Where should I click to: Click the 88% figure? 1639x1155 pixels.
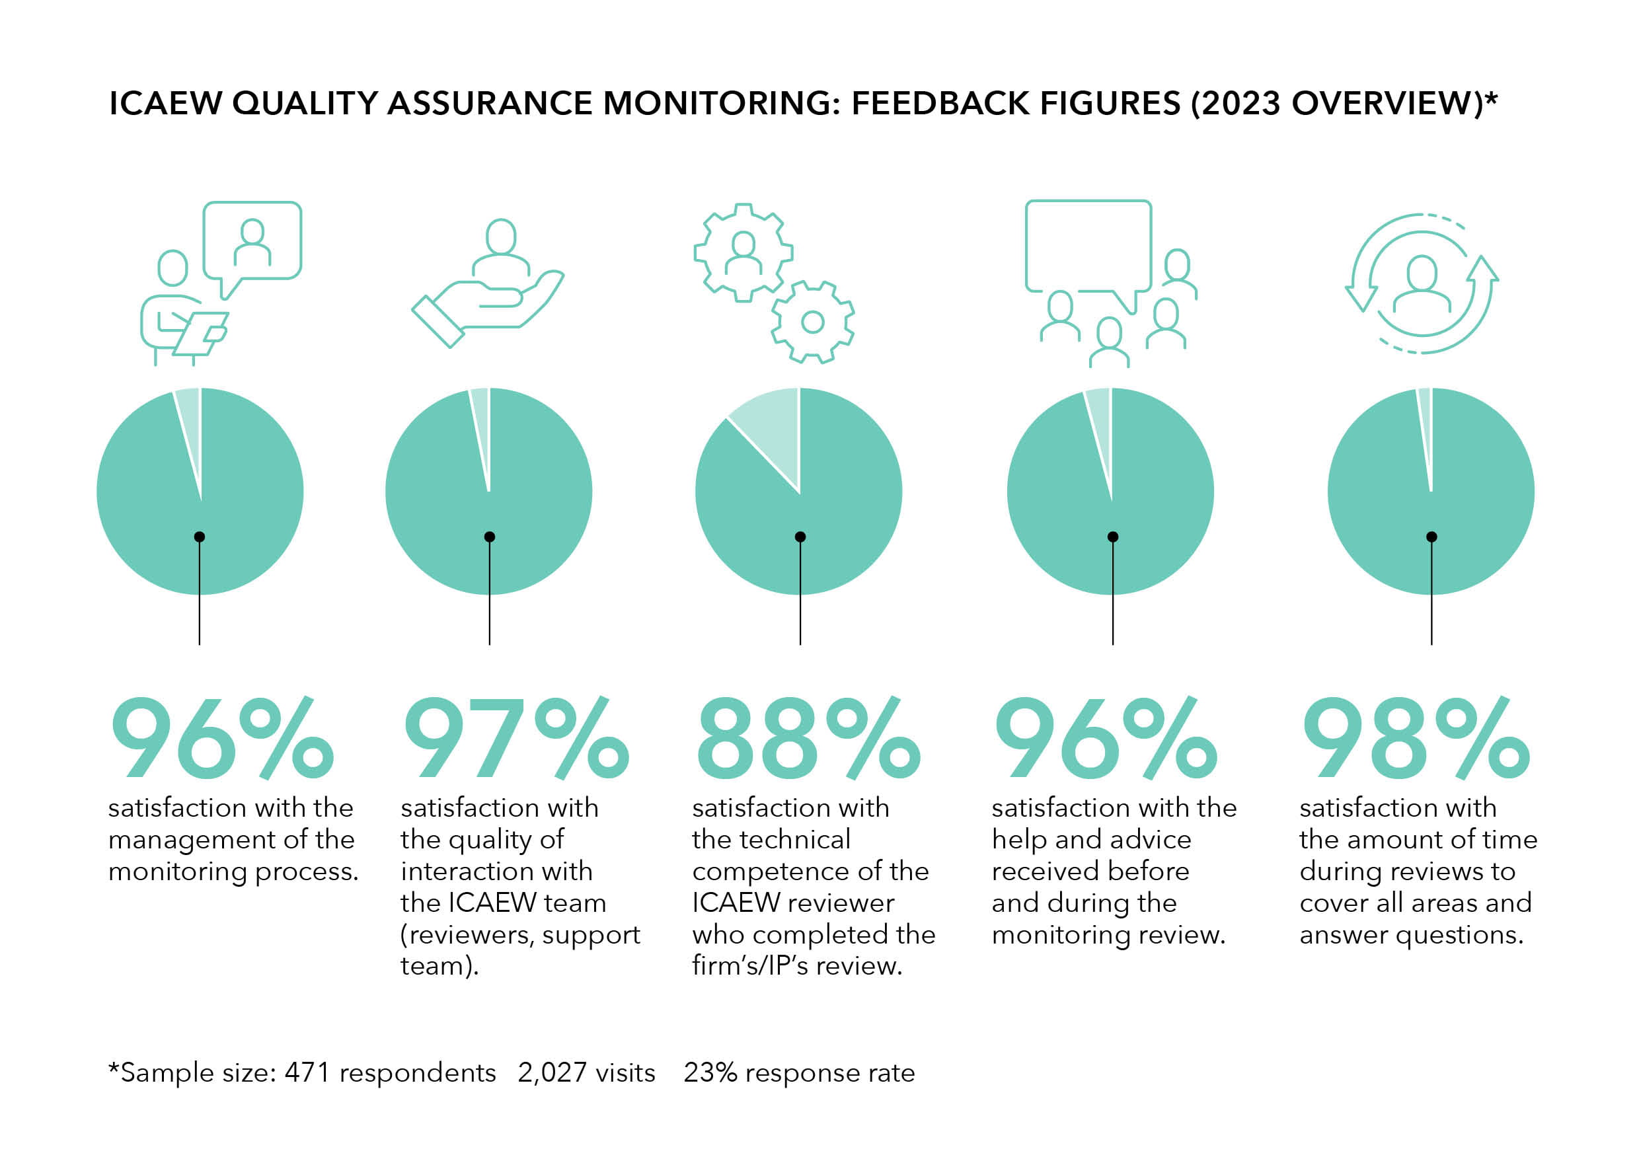click(x=808, y=738)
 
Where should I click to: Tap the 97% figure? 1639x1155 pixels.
click(x=515, y=738)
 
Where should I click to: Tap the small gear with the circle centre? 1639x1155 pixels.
click(x=812, y=322)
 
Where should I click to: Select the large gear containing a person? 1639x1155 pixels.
click(x=743, y=252)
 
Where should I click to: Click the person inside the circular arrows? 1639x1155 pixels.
click(x=1422, y=284)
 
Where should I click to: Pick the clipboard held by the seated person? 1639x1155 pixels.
click(x=202, y=332)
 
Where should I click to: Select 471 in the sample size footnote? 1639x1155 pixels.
click(x=307, y=1073)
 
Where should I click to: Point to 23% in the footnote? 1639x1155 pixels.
click(x=710, y=1073)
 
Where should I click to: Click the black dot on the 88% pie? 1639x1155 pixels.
click(x=800, y=537)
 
